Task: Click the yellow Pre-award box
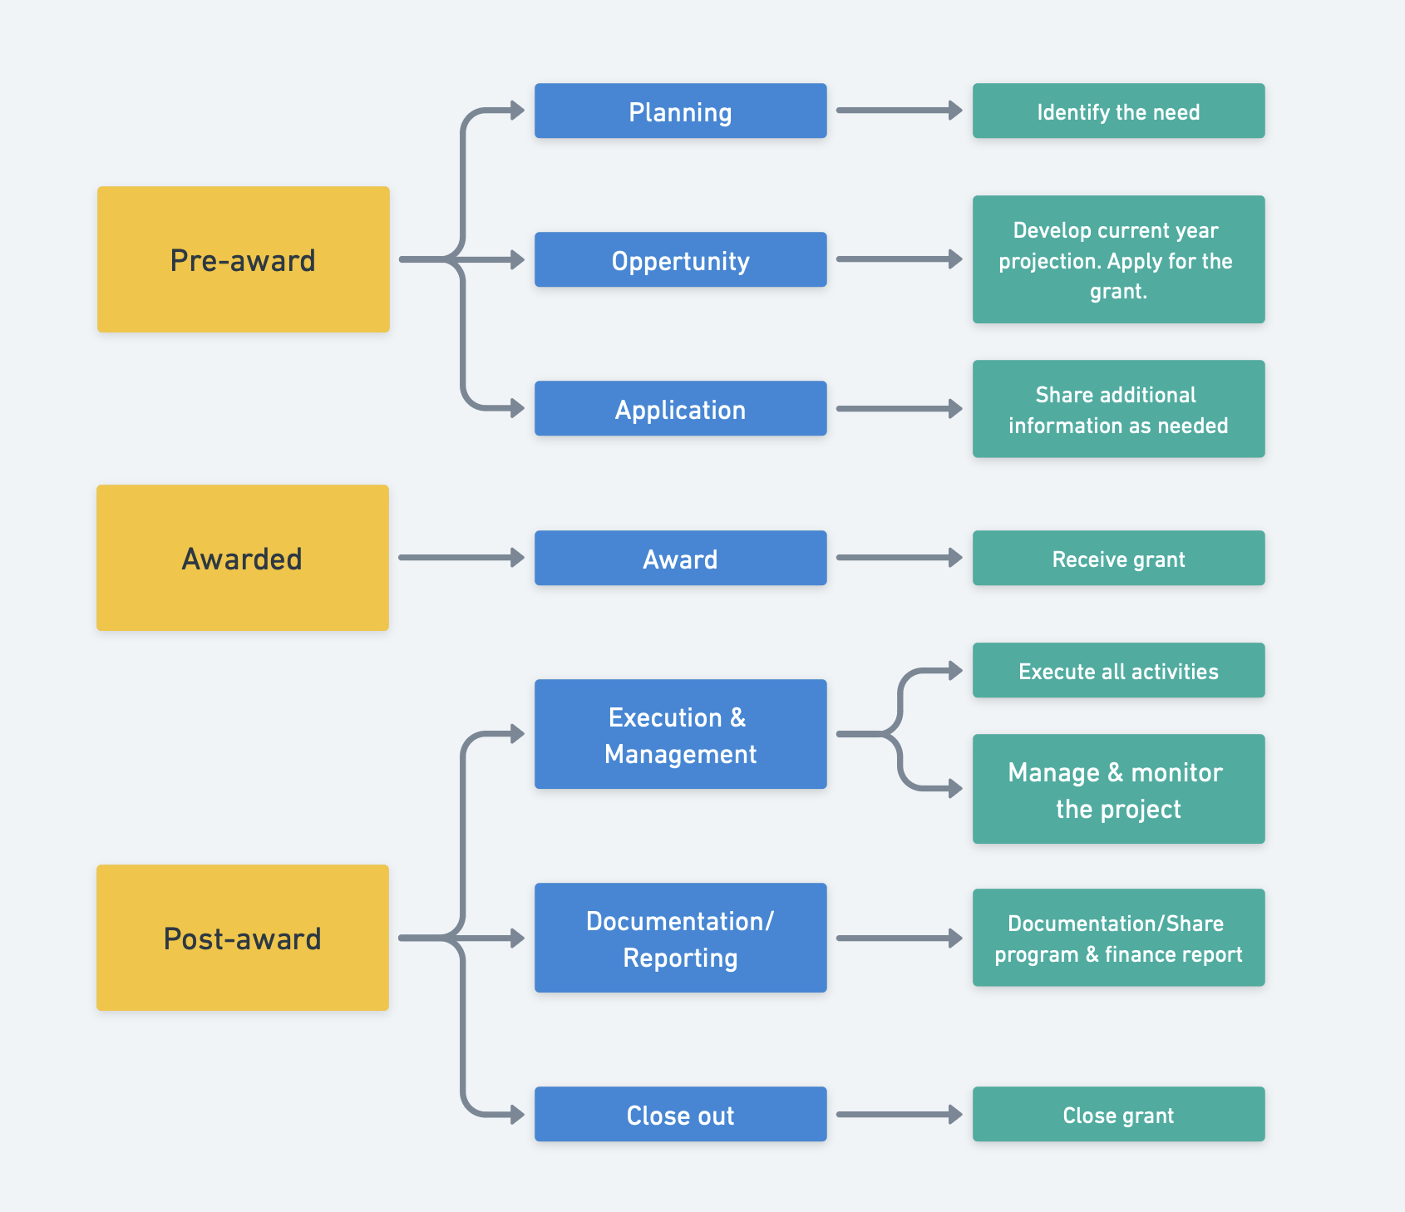(x=243, y=259)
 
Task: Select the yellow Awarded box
(x=243, y=558)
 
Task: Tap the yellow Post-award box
(x=243, y=938)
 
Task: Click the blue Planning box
(x=680, y=111)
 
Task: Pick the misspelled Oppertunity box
(x=680, y=259)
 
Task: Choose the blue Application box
(x=680, y=408)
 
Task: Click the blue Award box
(x=680, y=558)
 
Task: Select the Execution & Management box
(x=680, y=734)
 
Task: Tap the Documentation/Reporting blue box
(x=680, y=938)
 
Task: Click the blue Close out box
(x=680, y=1114)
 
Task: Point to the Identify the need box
(x=1118, y=111)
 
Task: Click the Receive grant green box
(x=1118, y=558)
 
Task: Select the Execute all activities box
(x=1118, y=670)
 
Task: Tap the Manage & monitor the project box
(x=1118, y=789)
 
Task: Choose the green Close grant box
(x=1118, y=1114)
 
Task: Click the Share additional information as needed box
(x=1118, y=409)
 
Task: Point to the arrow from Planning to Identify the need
(x=898, y=111)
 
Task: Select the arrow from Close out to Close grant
(x=898, y=1114)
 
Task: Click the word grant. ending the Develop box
(x=1118, y=292)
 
